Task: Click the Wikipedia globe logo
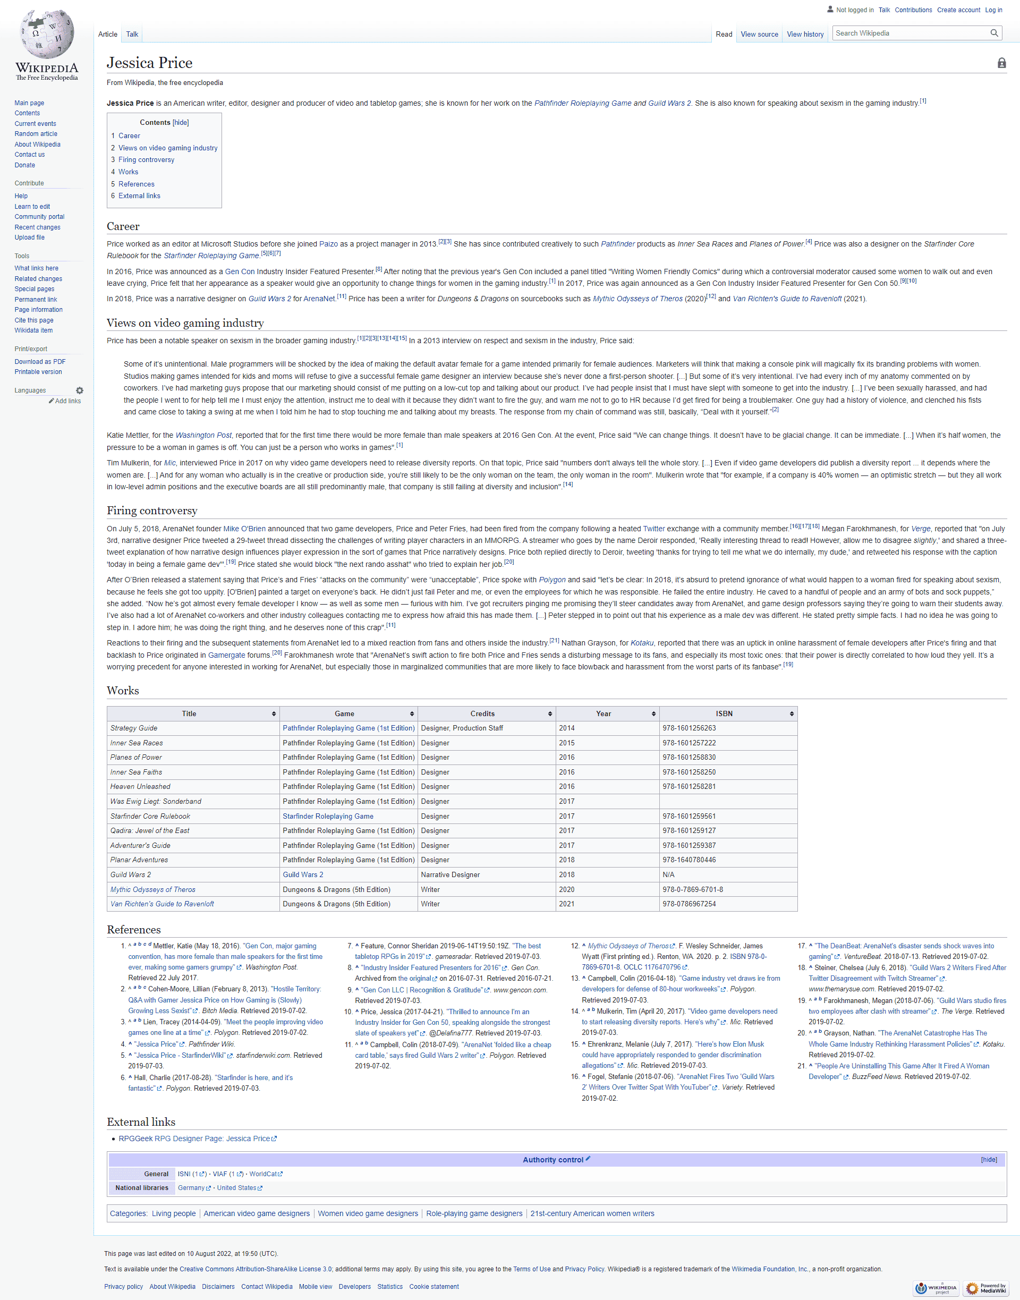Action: [47, 35]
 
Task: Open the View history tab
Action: [804, 35]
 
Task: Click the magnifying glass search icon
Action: [994, 33]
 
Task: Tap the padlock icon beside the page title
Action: [1001, 63]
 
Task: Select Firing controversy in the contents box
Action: [146, 160]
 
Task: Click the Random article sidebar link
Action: [36, 134]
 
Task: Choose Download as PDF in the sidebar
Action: [40, 362]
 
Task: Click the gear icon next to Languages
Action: [80, 390]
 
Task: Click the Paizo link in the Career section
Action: [328, 244]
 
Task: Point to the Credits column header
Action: [482, 713]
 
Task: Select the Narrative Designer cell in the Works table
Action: [450, 875]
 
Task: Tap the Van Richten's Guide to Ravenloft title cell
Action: [162, 904]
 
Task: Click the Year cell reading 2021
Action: [567, 904]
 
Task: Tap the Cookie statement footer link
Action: [433, 1287]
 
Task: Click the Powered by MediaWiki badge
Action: [985, 1288]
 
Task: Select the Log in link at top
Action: [993, 10]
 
